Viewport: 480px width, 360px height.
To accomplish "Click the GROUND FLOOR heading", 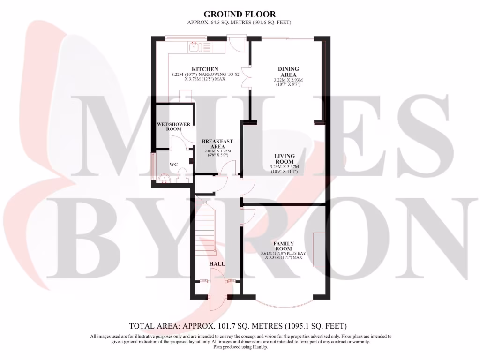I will coord(240,15).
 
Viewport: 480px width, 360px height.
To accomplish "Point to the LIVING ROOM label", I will coord(285,159).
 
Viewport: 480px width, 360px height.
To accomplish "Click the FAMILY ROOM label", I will coord(284,247).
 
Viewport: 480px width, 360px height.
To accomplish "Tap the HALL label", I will coord(217,264).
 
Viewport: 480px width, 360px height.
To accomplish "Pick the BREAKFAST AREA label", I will coord(217,144).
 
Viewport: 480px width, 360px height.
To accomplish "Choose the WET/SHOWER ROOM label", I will coord(173,127).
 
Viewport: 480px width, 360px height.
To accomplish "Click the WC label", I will coord(173,165).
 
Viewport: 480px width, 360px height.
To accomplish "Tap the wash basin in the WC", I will coord(164,178).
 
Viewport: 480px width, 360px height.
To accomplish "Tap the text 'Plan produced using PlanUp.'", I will coord(240,347).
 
